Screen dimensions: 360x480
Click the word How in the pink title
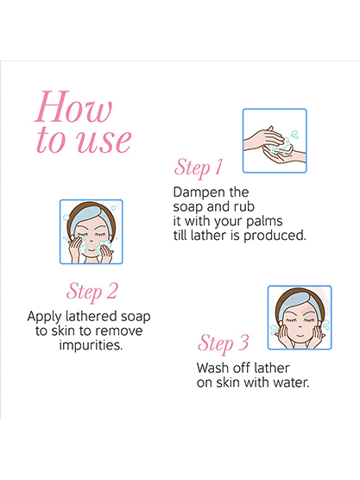coord(73,106)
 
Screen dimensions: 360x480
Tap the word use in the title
coord(104,141)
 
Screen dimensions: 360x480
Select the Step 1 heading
coord(199,167)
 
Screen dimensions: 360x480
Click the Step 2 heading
coord(92,291)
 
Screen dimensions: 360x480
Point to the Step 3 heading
coord(223,343)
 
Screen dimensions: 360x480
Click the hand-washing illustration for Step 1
coord(275,141)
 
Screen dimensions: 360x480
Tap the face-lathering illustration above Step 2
coord(92,231)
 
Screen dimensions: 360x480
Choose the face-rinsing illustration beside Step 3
coord(300,318)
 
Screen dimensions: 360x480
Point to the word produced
coord(275,236)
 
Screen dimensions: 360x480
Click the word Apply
coord(44,317)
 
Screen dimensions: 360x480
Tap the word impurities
coord(91,345)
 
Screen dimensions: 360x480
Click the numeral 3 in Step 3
coord(243,342)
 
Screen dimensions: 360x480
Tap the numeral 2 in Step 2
coord(112,291)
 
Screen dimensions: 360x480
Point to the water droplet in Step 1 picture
coord(294,134)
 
